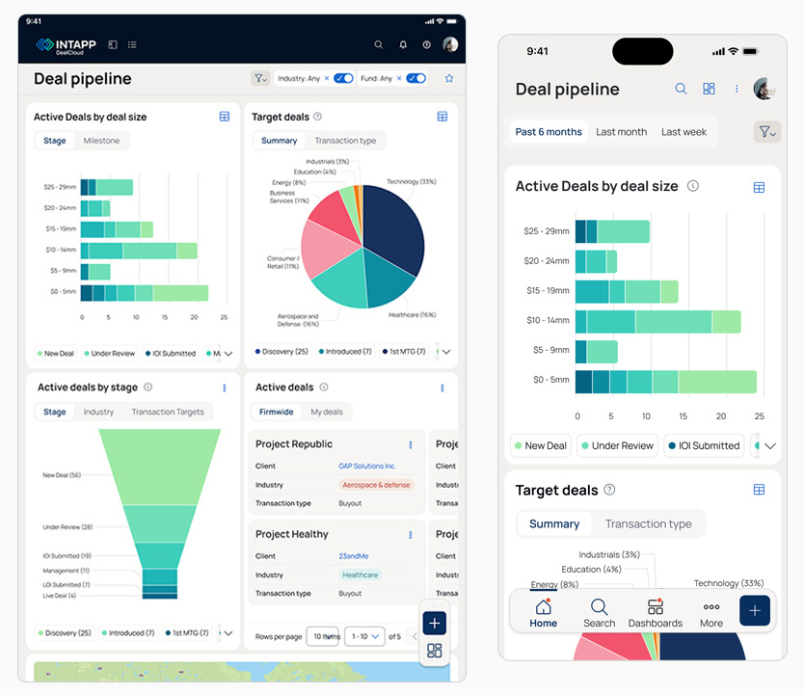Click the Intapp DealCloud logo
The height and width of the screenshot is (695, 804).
point(65,44)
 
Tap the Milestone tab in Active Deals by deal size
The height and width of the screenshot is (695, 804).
point(101,141)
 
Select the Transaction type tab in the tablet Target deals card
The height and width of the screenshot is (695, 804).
point(345,141)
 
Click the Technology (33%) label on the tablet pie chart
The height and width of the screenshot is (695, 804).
point(412,181)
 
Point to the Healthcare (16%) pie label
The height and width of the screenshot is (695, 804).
point(413,314)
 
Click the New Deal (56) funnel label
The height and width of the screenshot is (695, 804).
point(62,475)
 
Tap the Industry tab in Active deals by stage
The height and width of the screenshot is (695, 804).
point(98,412)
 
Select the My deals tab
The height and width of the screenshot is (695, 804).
point(327,412)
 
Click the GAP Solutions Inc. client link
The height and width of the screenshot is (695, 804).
point(367,466)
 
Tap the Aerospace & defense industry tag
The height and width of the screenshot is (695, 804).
point(376,485)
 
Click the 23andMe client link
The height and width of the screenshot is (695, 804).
point(354,556)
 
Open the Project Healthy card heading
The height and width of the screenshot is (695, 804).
point(292,534)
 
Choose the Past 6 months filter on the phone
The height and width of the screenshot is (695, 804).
point(549,132)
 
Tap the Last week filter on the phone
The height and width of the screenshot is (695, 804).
point(683,132)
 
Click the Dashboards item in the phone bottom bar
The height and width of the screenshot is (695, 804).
point(656,613)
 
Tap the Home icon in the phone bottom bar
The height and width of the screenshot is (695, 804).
point(543,607)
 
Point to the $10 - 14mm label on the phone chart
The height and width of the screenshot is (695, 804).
point(546,320)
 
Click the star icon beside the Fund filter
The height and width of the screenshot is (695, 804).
point(449,79)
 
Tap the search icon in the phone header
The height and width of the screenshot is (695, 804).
point(681,89)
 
